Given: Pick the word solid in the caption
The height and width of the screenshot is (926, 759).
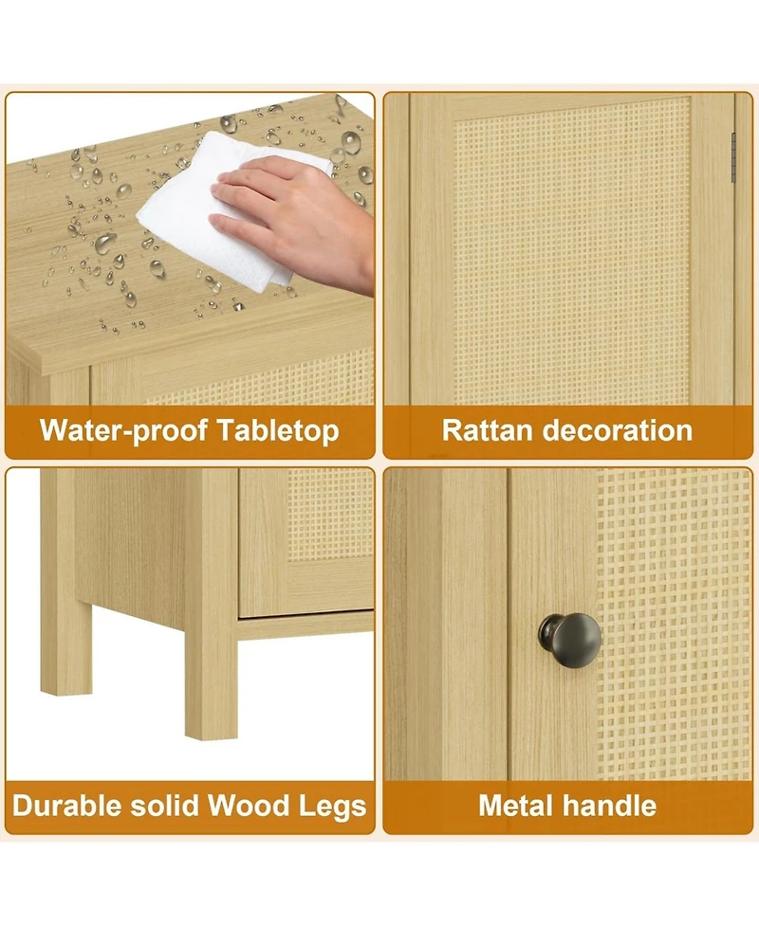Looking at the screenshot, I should (x=168, y=807).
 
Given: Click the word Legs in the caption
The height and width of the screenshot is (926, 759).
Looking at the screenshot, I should (x=331, y=807).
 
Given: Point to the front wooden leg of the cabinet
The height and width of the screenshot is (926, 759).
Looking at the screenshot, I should (x=211, y=663).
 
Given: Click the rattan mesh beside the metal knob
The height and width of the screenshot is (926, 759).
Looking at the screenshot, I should (x=674, y=626).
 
